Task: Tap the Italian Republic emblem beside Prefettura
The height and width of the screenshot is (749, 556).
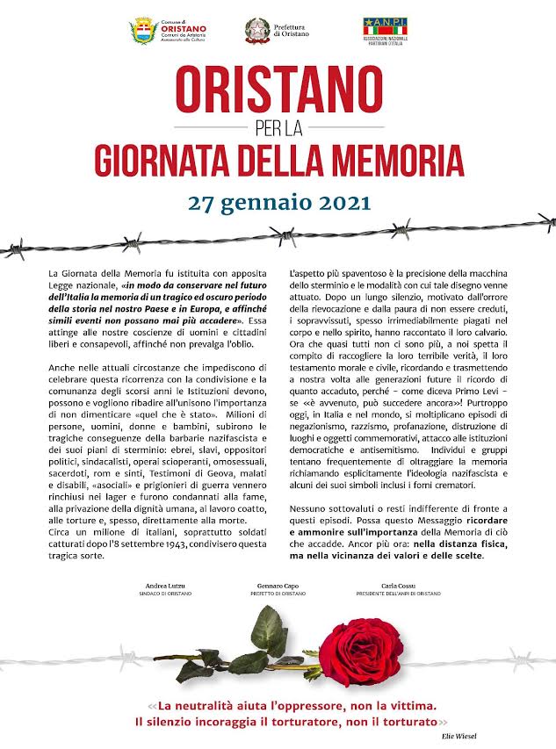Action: tap(256, 31)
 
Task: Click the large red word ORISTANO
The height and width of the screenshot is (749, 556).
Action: tap(278, 90)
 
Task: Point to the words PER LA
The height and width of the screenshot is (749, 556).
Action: tap(278, 129)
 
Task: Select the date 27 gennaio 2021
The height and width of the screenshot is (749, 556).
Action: tap(278, 202)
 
